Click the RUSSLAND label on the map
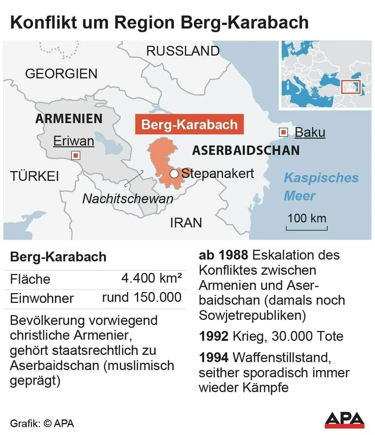(x=183, y=51)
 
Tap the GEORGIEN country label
(x=61, y=74)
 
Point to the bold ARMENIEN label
(x=69, y=119)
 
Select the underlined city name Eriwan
(x=73, y=141)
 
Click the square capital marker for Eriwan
(x=76, y=155)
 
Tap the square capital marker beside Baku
(x=283, y=132)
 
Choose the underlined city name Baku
(x=310, y=132)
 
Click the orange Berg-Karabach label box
(x=189, y=125)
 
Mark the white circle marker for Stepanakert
(x=174, y=174)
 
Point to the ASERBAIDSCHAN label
(x=246, y=151)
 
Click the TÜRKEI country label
(x=34, y=176)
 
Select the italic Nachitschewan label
(x=127, y=199)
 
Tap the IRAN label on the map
(x=186, y=223)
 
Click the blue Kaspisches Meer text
(x=321, y=187)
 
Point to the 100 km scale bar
(x=307, y=228)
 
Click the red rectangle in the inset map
(x=351, y=87)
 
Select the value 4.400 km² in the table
(x=152, y=278)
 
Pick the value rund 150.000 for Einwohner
(x=142, y=297)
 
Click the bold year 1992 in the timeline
(x=214, y=336)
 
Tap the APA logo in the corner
(x=344, y=420)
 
